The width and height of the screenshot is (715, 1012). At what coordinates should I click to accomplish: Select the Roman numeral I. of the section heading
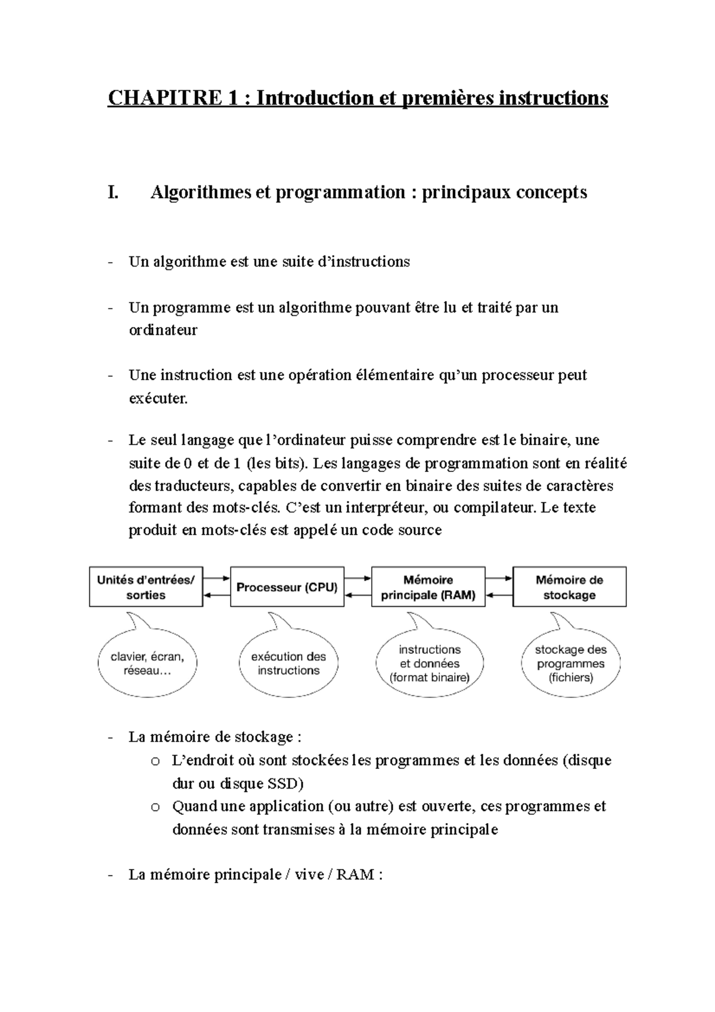point(113,193)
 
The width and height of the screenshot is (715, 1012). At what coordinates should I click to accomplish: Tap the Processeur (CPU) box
point(287,587)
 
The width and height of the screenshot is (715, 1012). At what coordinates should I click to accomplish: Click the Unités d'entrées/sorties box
point(146,587)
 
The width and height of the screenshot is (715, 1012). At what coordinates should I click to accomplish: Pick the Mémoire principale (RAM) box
point(428,587)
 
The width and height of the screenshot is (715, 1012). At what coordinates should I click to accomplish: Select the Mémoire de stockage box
point(569,587)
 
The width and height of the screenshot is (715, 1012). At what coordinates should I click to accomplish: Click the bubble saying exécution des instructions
point(288,663)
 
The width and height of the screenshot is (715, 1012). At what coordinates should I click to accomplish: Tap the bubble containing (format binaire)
point(429,663)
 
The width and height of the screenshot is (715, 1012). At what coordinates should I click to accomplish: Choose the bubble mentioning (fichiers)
point(570,663)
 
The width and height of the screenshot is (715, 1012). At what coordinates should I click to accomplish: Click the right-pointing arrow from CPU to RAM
point(357,578)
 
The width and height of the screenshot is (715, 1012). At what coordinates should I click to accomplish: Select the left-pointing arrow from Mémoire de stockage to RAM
point(499,595)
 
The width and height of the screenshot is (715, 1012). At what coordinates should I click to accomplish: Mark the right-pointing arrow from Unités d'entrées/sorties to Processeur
point(216,578)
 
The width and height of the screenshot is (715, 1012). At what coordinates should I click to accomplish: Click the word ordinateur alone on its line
point(163,330)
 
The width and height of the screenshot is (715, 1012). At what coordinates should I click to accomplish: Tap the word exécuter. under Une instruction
point(158,398)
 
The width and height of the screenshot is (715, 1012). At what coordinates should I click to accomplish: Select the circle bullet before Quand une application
point(156,808)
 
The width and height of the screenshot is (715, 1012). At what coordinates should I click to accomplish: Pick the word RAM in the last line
point(355,875)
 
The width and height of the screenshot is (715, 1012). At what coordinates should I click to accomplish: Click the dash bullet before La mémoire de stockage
point(110,738)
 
